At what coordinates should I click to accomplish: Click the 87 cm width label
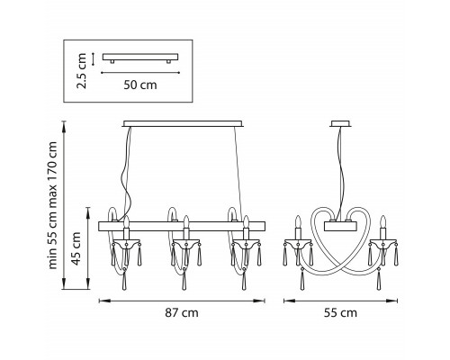[x=182, y=313]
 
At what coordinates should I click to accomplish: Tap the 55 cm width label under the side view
[x=340, y=313]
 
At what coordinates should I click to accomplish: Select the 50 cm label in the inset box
[x=140, y=85]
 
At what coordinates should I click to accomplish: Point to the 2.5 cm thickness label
[x=82, y=71]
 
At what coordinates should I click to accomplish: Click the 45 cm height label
[x=76, y=248]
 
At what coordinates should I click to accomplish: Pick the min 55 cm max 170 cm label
[x=52, y=205]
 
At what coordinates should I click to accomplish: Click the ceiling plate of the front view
[x=183, y=123]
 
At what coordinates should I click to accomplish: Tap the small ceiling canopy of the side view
[x=341, y=123]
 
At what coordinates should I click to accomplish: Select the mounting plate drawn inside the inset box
[x=140, y=58]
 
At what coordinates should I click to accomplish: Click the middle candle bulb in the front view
[x=186, y=221]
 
